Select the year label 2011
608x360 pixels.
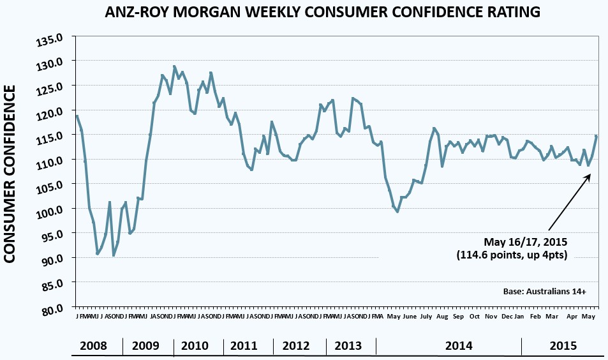coord(244,346)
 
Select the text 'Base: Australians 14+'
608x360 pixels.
coord(544,291)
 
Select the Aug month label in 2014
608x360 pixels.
coord(441,317)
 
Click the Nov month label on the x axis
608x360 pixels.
coord(491,317)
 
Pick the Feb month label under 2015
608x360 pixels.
coord(535,317)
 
